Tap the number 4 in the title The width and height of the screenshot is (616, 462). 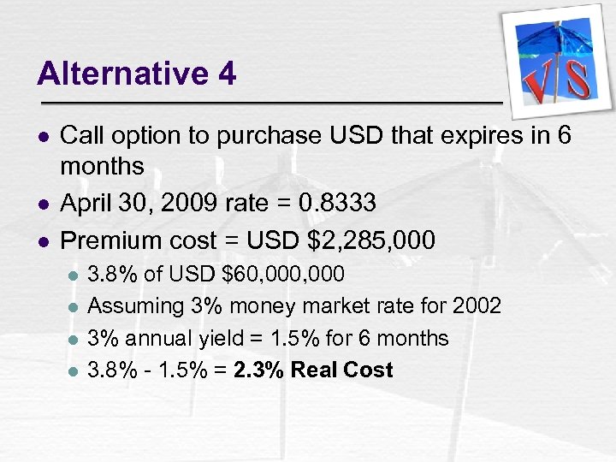point(227,74)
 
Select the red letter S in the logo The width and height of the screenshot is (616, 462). point(577,78)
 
